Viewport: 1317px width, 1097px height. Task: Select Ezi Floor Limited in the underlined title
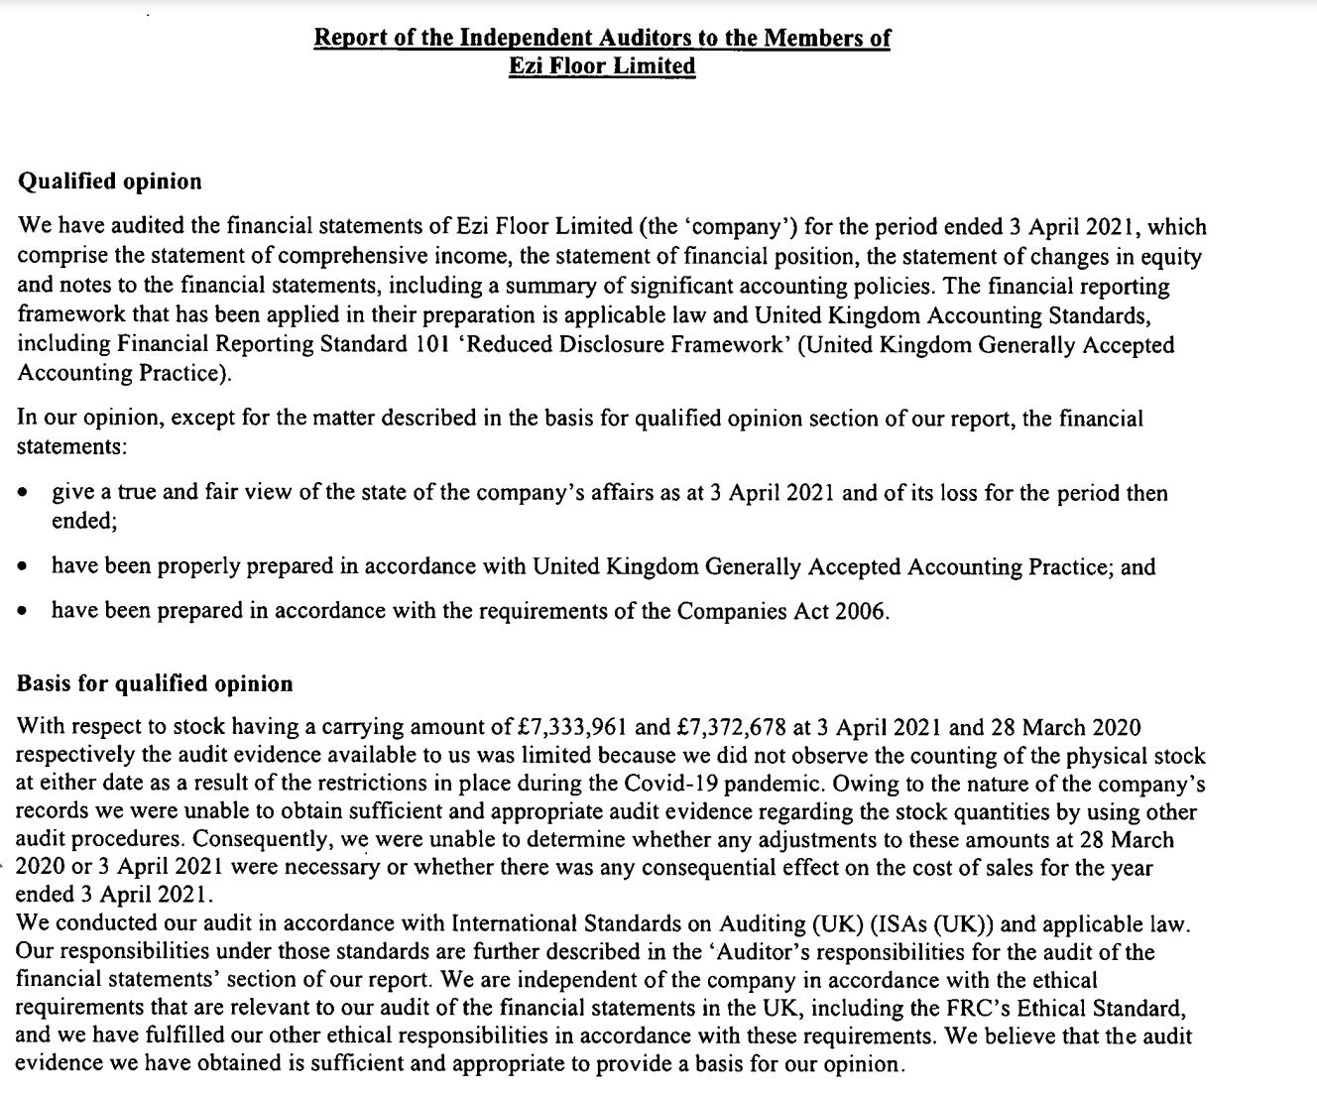(602, 66)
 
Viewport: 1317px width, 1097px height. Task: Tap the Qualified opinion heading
(109, 182)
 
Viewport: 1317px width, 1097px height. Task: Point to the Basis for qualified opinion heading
(155, 683)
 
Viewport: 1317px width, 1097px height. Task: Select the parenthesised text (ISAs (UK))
(930, 924)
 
